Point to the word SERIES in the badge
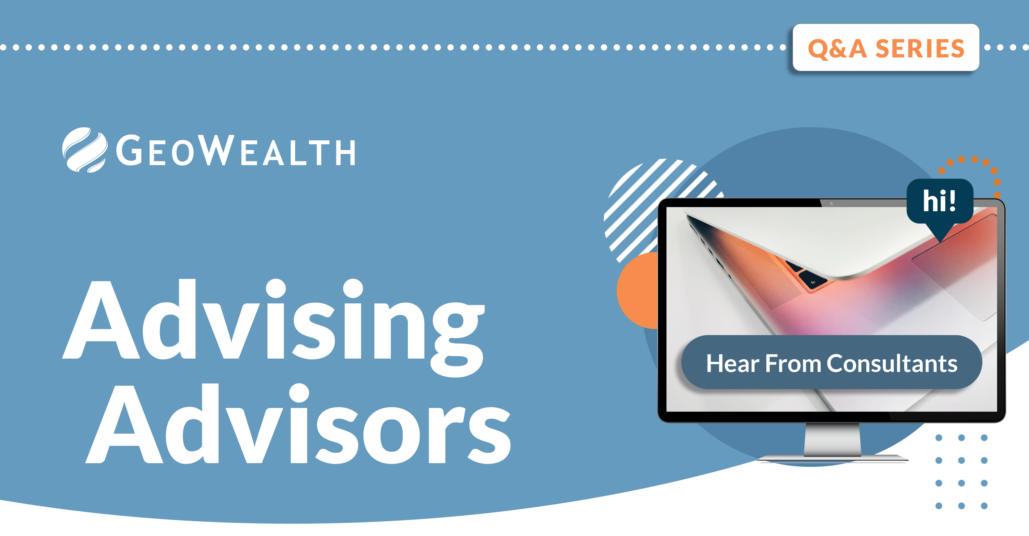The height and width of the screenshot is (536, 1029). tap(920, 49)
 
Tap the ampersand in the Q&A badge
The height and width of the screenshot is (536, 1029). tap(839, 49)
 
